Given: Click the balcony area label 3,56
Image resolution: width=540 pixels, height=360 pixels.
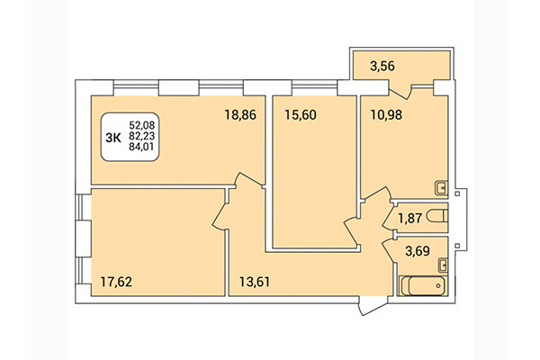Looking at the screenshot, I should click(376, 65).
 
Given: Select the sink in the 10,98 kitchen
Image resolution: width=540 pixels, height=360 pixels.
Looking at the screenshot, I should click(440, 188).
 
